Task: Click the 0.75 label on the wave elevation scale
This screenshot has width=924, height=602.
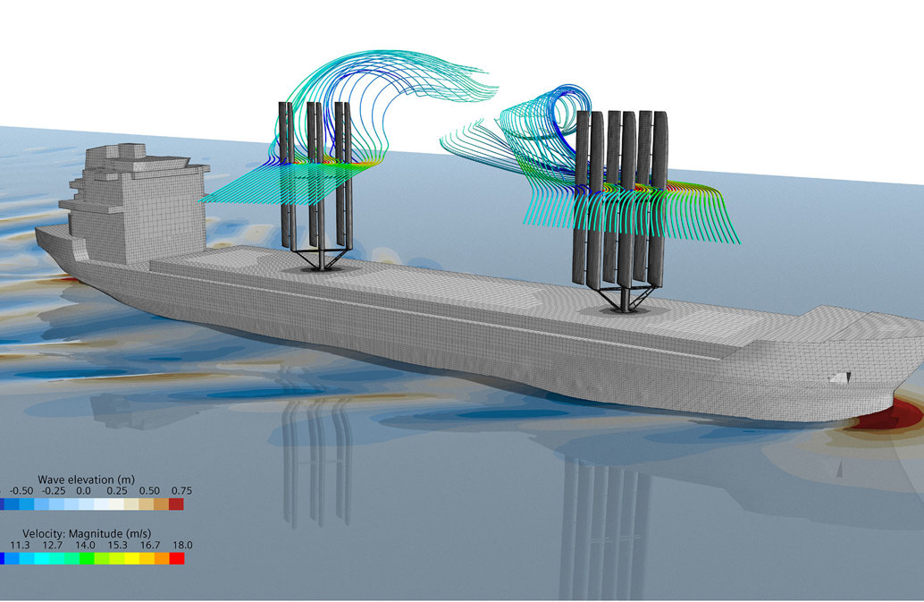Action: click(181, 490)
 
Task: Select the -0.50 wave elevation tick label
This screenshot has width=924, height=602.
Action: click(21, 490)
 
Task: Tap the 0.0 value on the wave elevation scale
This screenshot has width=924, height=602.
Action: click(84, 490)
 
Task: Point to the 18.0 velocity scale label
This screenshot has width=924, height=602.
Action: click(182, 545)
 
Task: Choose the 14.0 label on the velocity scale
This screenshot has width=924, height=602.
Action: click(85, 545)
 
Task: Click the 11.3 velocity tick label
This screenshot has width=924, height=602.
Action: click(20, 545)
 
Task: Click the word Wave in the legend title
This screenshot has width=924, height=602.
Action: click(51, 479)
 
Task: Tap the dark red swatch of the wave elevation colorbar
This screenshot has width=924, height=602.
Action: click(176, 504)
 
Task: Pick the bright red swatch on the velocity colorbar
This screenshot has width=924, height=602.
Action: click(177, 558)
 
